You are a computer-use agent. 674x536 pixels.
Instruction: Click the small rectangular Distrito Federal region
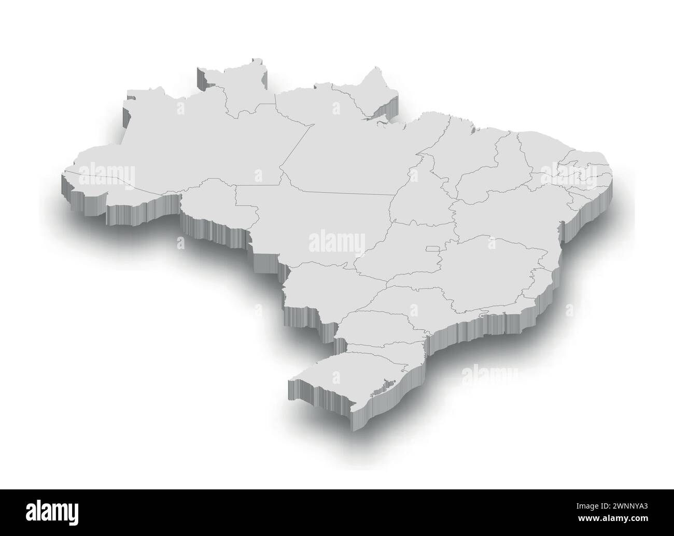(x=431, y=250)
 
